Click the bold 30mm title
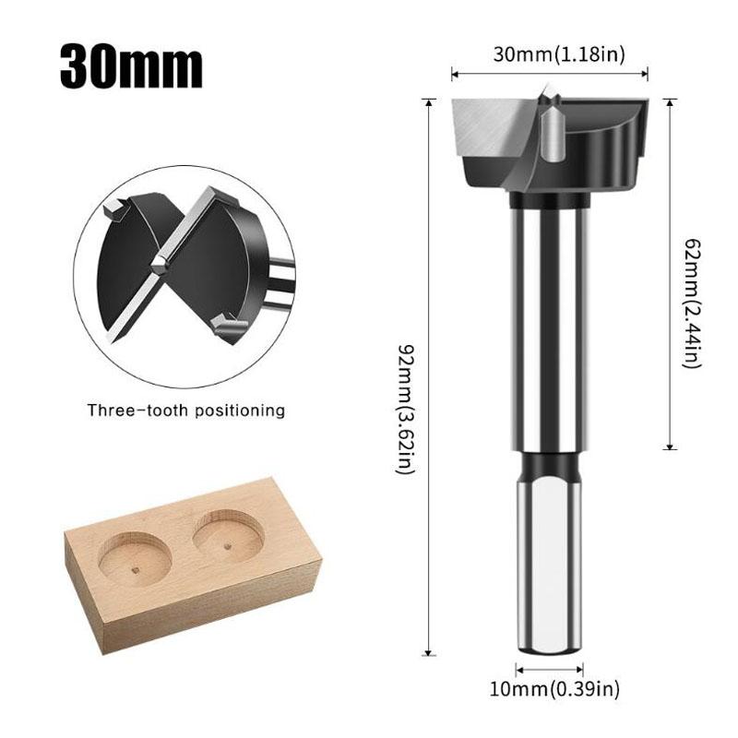[131, 65]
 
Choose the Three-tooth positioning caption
[186, 411]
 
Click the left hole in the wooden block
[134, 557]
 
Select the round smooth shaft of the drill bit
[548, 323]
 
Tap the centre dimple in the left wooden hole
[136, 570]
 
